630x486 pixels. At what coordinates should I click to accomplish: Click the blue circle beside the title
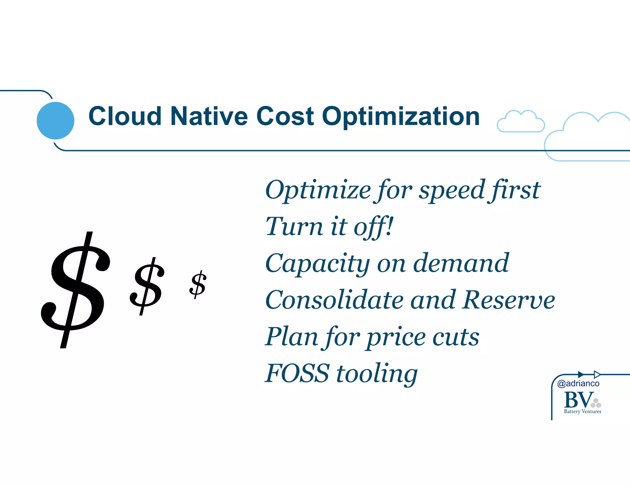pyautogui.click(x=55, y=120)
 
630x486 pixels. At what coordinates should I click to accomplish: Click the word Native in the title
pyautogui.click(x=209, y=116)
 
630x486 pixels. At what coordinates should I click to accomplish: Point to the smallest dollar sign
pyautogui.click(x=198, y=284)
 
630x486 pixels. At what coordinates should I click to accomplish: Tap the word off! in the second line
pyautogui.click(x=373, y=227)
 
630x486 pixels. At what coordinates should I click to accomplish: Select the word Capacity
pyautogui.click(x=317, y=264)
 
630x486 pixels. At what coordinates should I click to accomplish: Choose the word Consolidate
pyautogui.click(x=334, y=300)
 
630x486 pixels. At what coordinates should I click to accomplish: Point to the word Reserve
pyautogui.click(x=509, y=300)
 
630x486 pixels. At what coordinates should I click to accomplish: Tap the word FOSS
pyautogui.click(x=297, y=374)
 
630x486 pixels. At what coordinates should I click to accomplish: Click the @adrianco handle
pyautogui.click(x=578, y=383)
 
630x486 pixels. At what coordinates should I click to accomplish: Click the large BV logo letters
pyautogui.click(x=578, y=400)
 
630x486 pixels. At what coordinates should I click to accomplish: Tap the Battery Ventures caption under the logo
pyautogui.click(x=582, y=412)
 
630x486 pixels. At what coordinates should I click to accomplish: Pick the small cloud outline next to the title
pyautogui.click(x=520, y=122)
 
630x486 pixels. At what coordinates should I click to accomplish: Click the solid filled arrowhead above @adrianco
pyautogui.click(x=581, y=374)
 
